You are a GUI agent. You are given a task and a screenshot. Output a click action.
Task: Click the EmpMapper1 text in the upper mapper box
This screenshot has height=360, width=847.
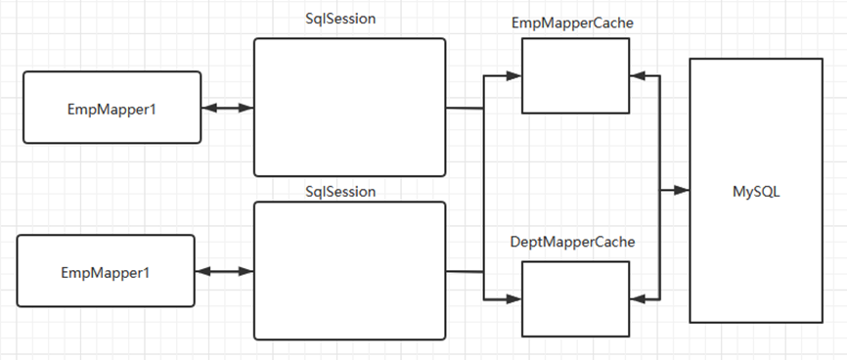click(111, 110)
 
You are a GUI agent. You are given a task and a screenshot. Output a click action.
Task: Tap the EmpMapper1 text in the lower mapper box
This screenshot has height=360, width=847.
click(106, 273)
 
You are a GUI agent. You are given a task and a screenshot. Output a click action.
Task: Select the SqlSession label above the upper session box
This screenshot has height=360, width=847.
click(340, 19)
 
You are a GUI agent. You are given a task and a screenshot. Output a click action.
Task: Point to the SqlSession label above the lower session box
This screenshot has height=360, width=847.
click(340, 192)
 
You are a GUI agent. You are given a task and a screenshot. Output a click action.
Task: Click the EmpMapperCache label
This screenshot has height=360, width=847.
click(572, 23)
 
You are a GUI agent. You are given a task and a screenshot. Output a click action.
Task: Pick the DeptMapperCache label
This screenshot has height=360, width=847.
click(572, 243)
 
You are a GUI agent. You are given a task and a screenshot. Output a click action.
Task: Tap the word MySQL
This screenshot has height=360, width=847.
click(756, 192)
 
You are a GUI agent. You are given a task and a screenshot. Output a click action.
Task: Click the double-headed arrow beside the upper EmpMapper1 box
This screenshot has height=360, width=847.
click(228, 108)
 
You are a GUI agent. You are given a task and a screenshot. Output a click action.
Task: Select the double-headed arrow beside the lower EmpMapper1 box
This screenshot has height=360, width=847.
click(224, 271)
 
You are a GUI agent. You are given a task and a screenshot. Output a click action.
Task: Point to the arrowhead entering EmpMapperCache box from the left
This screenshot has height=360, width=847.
click(513, 76)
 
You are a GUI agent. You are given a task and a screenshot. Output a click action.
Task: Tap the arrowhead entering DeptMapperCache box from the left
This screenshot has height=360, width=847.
click(513, 299)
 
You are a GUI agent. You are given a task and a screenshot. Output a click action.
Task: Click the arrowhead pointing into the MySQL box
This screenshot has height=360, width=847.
click(683, 190)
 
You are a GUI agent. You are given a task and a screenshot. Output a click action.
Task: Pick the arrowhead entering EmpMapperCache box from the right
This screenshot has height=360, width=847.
click(638, 76)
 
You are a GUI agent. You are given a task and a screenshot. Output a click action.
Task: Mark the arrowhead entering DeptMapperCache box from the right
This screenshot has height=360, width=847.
click(638, 299)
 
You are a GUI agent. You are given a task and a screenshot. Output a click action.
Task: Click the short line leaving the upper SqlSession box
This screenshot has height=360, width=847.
click(465, 109)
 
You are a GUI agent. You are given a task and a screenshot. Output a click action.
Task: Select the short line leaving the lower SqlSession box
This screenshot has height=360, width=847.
click(465, 271)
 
